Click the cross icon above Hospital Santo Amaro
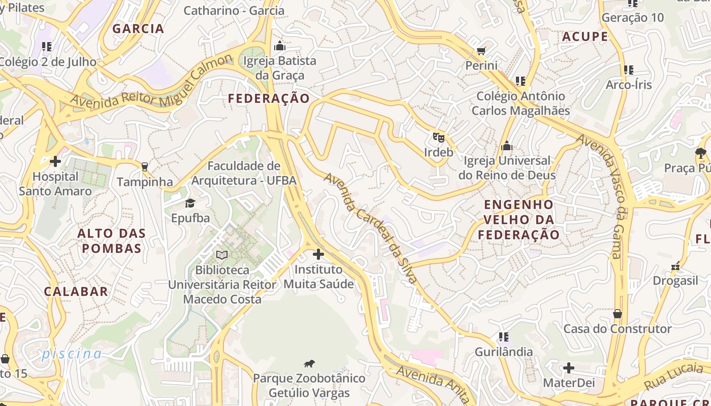(x=55, y=162)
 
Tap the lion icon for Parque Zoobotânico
(x=309, y=363)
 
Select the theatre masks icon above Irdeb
(x=438, y=137)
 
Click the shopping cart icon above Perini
(x=481, y=51)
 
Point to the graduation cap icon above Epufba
(x=190, y=204)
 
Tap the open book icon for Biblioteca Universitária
(x=222, y=255)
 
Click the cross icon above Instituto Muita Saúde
(x=318, y=254)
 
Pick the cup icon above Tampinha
(x=145, y=166)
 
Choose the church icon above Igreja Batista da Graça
(x=279, y=46)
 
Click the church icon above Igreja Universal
(x=506, y=146)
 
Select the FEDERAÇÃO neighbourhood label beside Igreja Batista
(x=269, y=98)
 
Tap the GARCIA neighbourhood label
(x=138, y=28)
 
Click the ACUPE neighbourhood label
(x=585, y=37)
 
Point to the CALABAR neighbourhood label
(x=76, y=292)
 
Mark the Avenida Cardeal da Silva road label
(x=371, y=228)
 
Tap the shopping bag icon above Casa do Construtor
(x=618, y=314)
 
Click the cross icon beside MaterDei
(x=569, y=368)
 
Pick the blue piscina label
(x=72, y=354)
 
